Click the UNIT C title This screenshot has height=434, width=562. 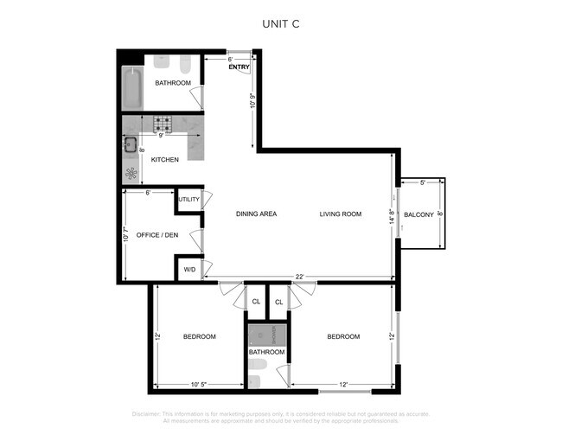(280, 25)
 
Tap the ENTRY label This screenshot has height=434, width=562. (239, 67)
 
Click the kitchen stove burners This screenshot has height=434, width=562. (163, 125)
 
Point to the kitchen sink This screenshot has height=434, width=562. (131, 144)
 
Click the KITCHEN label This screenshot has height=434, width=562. (164, 160)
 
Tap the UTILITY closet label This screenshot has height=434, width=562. (189, 200)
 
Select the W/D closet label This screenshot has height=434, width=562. (189, 271)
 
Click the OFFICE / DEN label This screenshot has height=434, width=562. (156, 234)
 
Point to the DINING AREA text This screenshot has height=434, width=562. (256, 214)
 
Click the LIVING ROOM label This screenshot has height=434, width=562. (340, 214)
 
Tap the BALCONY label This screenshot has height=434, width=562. (418, 214)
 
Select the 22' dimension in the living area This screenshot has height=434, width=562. (298, 277)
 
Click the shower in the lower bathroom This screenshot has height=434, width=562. (266, 334)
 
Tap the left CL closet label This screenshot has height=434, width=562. (255, 302)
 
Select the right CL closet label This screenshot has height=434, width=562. (279, 302)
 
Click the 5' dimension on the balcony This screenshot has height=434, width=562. (423, 182)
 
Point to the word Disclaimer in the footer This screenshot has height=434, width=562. (150, 413)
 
